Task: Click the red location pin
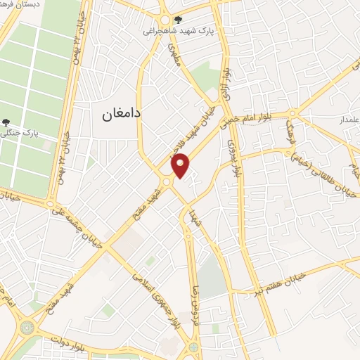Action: (181, 165)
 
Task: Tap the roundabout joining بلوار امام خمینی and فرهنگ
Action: (293, 112)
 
